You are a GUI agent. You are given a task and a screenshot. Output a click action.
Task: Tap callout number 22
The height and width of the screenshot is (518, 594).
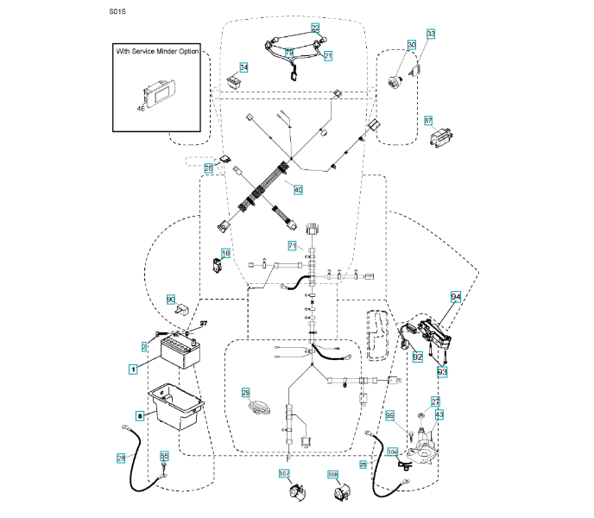point(315,28)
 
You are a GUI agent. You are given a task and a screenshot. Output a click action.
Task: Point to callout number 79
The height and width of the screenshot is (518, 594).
point(289,53)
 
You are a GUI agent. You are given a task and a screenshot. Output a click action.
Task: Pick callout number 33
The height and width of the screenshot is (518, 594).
point(431,35)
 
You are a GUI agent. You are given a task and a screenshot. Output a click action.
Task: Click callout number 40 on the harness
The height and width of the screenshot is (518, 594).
point(298,189)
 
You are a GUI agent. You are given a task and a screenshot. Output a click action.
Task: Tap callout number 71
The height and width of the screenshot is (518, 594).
point(292,246)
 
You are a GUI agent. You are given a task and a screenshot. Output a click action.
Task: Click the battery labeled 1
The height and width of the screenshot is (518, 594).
point(180,353)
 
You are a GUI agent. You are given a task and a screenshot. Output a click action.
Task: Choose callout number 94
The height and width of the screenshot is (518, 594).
point(457,296)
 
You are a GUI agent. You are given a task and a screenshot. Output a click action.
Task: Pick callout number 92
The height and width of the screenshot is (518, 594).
point(417,356)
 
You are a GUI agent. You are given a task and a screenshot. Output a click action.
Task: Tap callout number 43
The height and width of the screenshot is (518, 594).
point(438,415)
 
